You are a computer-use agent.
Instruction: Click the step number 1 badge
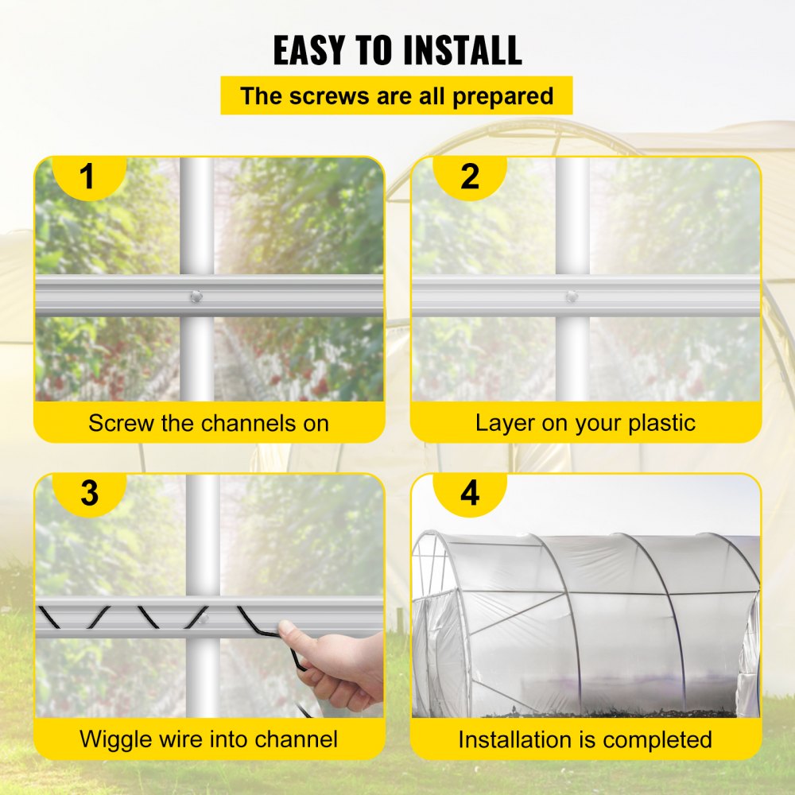[x=87, y=176]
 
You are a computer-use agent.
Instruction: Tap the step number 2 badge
[x=470, y=176]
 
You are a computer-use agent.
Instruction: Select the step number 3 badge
[x=89, y=493]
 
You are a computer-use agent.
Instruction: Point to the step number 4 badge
[x=470, y=493]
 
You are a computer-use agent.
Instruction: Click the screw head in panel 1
[x=196, y=297]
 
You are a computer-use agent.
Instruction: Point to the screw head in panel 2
[x=572, y=297]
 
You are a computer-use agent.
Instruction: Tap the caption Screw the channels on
[x=208, y=423]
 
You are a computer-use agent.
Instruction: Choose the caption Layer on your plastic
[x=586, y=423]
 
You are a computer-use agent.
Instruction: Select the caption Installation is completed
[x=585, y=739]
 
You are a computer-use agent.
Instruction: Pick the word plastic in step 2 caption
[x=656, y=423]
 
